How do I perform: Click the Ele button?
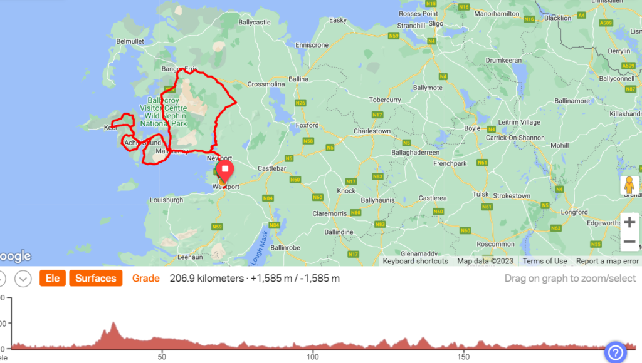[x=53, y=278]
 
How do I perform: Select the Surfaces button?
[x=95, y=278]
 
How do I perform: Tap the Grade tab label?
[x=145, y=278]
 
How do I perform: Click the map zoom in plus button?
[x=629, y=222]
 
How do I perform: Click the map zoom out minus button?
[x=629, y=242]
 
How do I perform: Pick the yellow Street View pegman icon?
[x=629, y=186]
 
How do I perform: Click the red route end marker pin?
[x=224, y=170]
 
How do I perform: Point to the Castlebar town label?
[x=272, y=169]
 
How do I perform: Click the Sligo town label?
[x=436, y=23]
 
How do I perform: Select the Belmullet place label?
[x=131, y=41]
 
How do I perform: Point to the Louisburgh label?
[x=166, y=200]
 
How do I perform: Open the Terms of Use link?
[x=545, y=261]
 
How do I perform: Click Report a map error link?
[x=607, y=261]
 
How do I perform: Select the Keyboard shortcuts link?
[x=415, y=261]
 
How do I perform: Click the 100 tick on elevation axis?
[x=312, y=357]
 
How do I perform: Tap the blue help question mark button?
[x=615, y=352]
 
